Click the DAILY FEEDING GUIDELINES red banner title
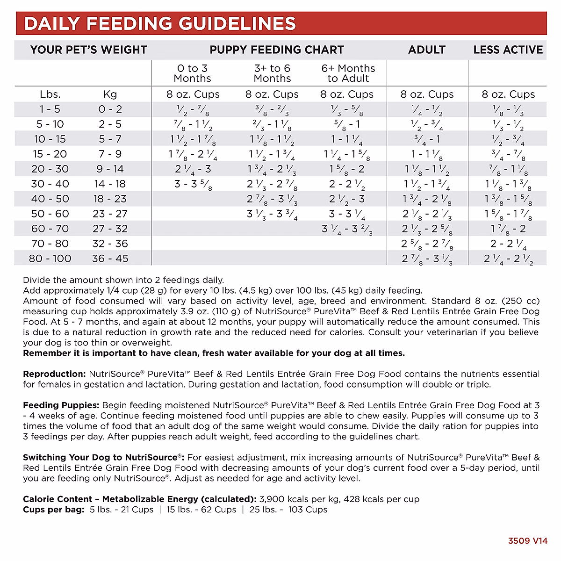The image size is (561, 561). click(x=160, y=24)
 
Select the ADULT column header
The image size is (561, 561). click(x=427, y=50)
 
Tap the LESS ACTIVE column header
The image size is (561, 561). click(x=508, y=50)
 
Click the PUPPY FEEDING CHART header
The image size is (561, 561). click(x=277, y=50)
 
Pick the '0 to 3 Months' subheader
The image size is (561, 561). click(x=193, y=73)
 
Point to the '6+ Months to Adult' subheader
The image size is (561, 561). click(x=348, y=73)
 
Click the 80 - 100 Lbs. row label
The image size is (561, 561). click(x=50, y=259)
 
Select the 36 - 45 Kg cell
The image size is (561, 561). click(x=110, y=259)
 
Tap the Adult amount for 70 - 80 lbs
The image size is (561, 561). click(x=427, y=244)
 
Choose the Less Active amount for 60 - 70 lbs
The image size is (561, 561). click(x=508, y=229)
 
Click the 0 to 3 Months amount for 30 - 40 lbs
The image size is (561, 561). click(x=193, y=184)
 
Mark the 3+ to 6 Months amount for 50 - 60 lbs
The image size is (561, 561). click(x=272, y=214)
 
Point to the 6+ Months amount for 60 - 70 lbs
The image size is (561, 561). click(x=347, y=229)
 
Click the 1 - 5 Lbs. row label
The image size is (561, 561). click(x=50, y=109)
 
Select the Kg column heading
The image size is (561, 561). click(x=110, y=94)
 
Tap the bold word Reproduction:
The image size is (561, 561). click(x=54, y=374)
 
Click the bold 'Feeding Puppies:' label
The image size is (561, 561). click(x=61, y=405)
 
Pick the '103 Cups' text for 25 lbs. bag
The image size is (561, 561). click(x=308, y=510)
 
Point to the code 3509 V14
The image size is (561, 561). click(x=527, y=541)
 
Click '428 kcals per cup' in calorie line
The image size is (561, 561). click(x=381, y=499)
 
